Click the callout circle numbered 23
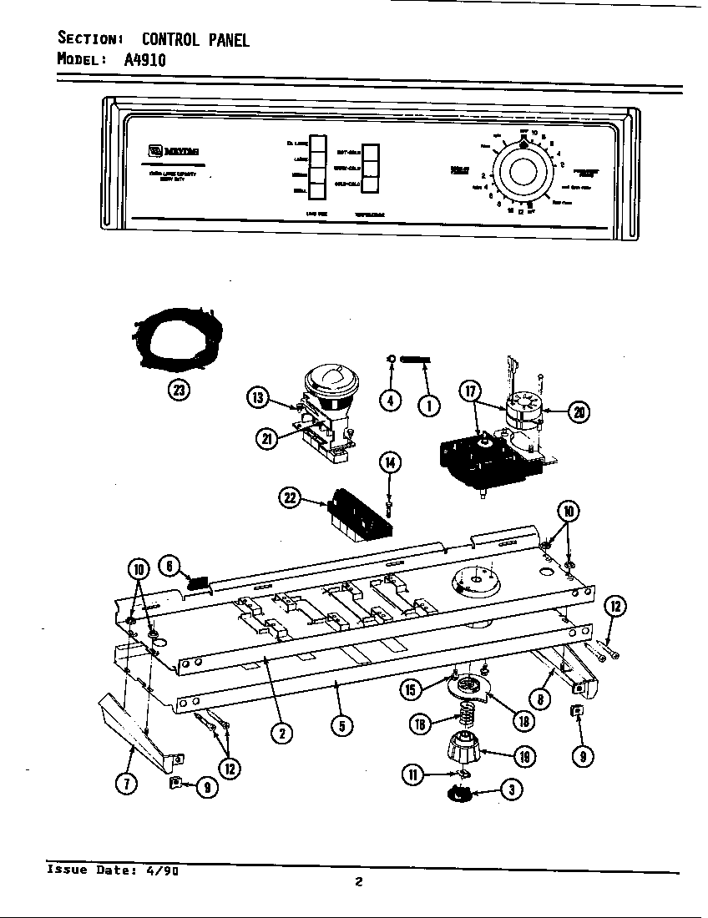pos(177,389)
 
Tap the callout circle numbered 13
pos(260,399)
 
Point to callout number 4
pos(390,401)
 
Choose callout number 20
pos(579,410)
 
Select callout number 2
pos(285,733)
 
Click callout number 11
pos(412,774)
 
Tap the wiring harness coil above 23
pos(176,337)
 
